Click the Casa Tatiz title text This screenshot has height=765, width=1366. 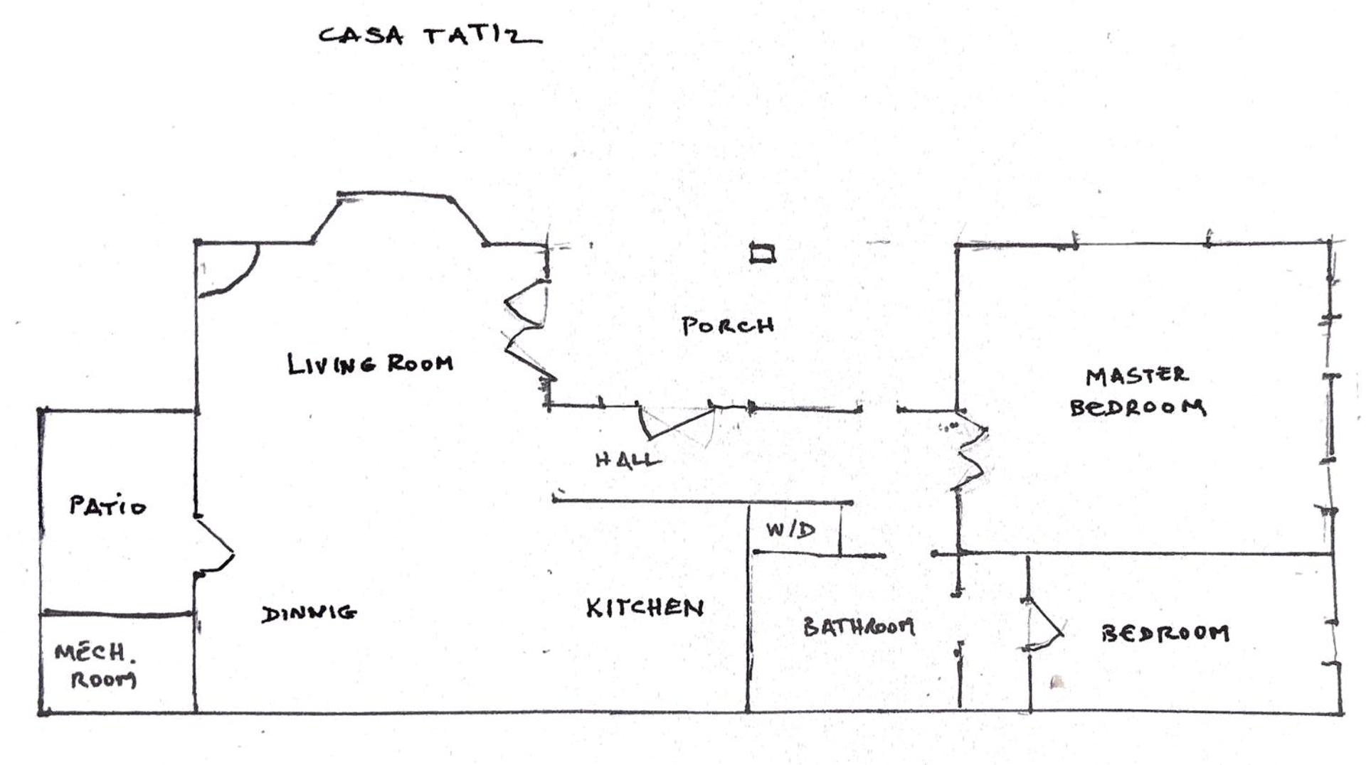point(430,36)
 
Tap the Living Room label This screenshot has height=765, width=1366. point(370,363)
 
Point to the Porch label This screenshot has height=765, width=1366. point(728,326)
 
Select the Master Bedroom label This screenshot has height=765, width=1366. point(1138,391)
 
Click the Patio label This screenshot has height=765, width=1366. point(107,505)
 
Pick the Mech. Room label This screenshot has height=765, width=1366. point(95,665)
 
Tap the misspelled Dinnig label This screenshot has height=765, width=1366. point(309,613)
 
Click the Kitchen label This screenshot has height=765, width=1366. point(645,608)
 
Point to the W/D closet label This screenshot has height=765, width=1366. point(790,530)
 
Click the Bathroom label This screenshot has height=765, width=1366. point(859,626)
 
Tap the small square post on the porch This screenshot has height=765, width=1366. point(763,252)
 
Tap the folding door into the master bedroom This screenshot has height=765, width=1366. point(970,451)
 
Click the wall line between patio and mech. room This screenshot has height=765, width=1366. point(117,614)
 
